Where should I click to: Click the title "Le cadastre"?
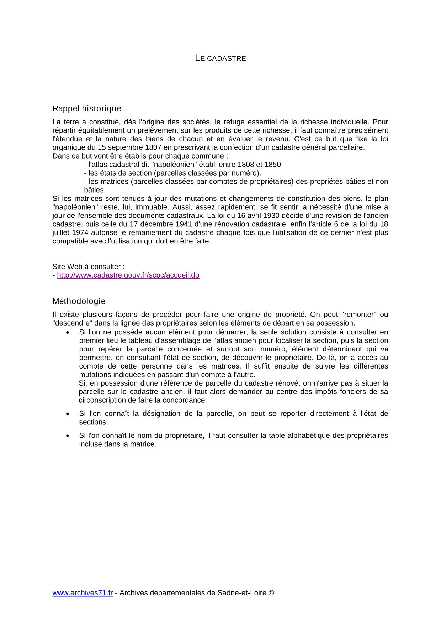point(220,58)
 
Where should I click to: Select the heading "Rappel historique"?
point(87,108)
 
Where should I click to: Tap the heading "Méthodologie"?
point(79,301)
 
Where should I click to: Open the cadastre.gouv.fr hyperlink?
point(128,275)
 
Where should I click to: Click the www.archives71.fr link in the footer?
point(83,593)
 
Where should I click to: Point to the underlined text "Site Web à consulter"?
point(86,267)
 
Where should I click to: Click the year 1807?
point(153,147)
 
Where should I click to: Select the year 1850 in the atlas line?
point(272,165)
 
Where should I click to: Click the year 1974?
point(80,233)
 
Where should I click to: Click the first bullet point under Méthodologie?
point(68,333)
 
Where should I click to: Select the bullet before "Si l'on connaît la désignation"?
point(68,414)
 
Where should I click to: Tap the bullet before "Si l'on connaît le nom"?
point(68,436)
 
